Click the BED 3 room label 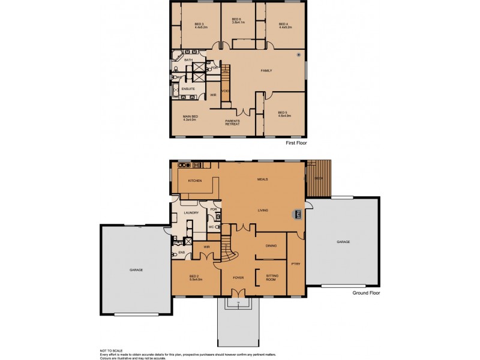point(200,26)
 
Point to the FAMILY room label point(266,71)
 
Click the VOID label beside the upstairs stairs point(225,91)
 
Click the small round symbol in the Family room point(298,55)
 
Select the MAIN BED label point(190,118)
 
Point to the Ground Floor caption point(366,293)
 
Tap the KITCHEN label point(195,181)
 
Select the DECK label point(318,178)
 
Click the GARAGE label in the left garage point(136,271)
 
